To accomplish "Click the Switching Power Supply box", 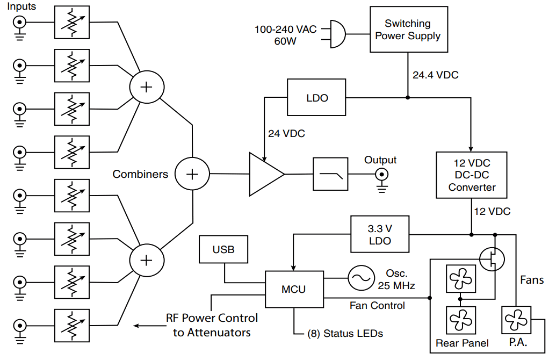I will point(408,30).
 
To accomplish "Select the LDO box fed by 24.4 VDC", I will point(317,98).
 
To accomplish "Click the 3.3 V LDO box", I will point(379,234).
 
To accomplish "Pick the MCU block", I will point(294,289).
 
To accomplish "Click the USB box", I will point(223,250).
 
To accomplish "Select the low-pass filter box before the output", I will point(330,174).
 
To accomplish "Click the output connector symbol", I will point(382,175).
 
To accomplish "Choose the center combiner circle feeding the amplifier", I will point(192,174).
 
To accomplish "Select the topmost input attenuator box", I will point(72,22).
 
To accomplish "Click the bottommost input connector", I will point(19,326).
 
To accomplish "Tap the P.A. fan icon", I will point(516,321).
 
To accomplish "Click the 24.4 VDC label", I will point(435,75).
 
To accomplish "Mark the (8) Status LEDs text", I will point(345,334).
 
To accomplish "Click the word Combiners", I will point(140,174).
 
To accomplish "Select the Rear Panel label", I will point(462,343).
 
